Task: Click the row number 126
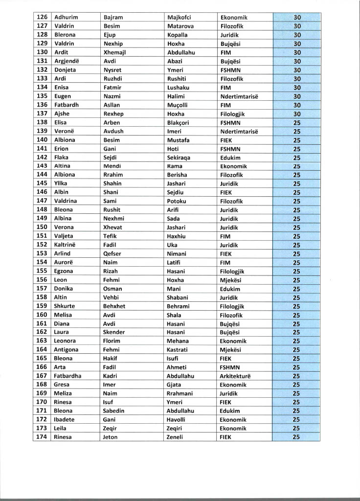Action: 42,17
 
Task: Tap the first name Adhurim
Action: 66,17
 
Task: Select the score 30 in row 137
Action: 296,114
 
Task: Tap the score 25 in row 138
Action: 296,122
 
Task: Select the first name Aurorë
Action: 64,262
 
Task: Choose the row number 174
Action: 42,437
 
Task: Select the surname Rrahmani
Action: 180,393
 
